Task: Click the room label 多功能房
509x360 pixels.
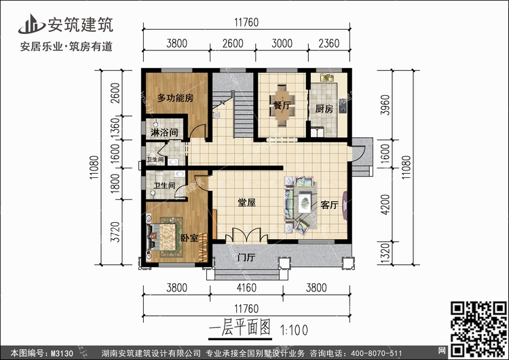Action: click(175, 98)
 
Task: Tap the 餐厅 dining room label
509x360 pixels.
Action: click(282, 106)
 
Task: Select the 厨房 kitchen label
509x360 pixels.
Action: click(324, 109)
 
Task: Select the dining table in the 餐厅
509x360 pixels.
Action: click(281, 102)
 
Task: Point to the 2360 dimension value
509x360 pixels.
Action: click(330, 43)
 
